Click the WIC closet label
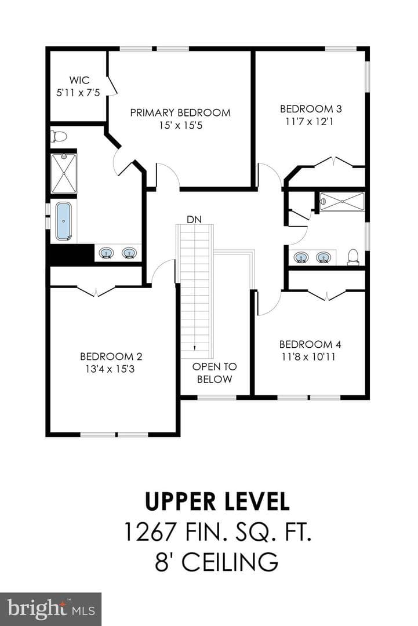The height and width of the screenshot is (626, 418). (79, 80)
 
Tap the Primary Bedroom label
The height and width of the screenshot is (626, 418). (180, 112)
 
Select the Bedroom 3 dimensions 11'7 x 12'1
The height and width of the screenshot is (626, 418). (309, 121)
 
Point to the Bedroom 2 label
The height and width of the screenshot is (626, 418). (111, 356)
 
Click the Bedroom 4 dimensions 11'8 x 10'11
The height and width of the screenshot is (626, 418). (308, 357)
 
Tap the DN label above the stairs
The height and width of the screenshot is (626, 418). (194, 220)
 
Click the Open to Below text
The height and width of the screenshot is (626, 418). (215, 373)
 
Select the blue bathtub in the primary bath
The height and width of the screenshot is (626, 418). (64, 221)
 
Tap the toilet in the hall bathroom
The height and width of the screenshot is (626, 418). (353, 257)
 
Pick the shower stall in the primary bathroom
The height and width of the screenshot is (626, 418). (63, 173)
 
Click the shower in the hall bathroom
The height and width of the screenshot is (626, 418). (343, 202)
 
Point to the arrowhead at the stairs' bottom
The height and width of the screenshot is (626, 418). (194, 348)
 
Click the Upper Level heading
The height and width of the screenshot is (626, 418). (217, 501)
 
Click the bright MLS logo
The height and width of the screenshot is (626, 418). (50, 609)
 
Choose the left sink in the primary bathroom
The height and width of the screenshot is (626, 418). (107, 253)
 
